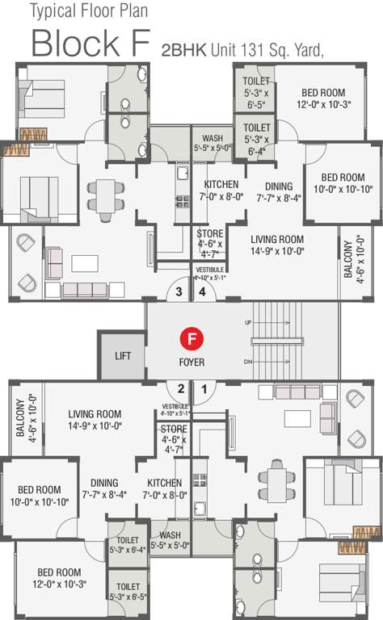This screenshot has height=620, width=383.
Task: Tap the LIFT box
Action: [123, 355]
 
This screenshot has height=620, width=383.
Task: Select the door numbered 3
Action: [179, 292]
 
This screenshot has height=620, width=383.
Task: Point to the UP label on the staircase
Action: [247, 322]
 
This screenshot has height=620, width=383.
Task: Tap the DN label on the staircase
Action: [247, 360]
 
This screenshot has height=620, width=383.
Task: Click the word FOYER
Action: [192, 362]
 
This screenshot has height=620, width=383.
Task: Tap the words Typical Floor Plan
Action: [91, 11]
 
